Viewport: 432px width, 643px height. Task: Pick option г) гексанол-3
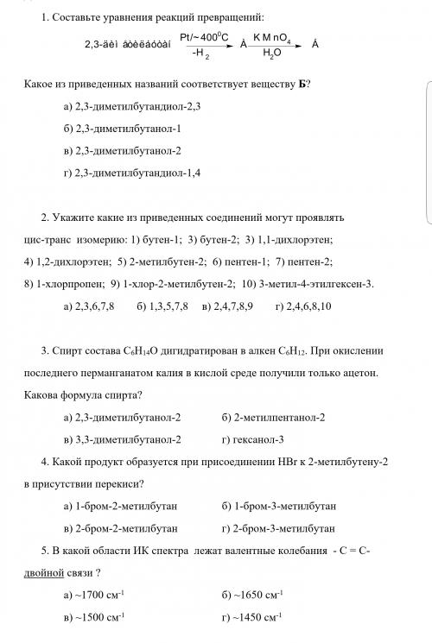click(x=257, y=438)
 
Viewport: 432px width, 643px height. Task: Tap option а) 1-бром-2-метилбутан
click(x=121, y=505)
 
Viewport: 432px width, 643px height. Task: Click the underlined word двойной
click(x=48, y=571)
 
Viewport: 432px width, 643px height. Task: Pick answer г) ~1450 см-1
click(x=253, y=617)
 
